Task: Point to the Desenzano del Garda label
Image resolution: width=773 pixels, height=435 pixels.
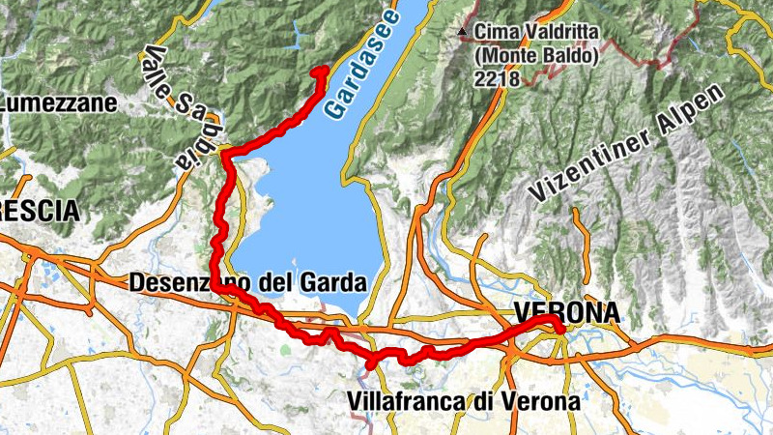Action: [x=247, y=283]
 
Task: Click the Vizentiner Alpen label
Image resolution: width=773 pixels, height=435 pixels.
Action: [x=628, y=145]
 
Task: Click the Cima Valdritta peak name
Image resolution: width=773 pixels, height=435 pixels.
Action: [x=537, y=33]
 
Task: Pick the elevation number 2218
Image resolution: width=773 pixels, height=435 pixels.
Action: [x=496, y=79]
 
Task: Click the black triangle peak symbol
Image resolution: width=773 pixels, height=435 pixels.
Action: [x=465, y=32]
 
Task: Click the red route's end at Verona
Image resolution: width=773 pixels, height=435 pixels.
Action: [x=561, y=331]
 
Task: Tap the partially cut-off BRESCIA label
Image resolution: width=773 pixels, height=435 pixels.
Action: [x=39, y=210]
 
